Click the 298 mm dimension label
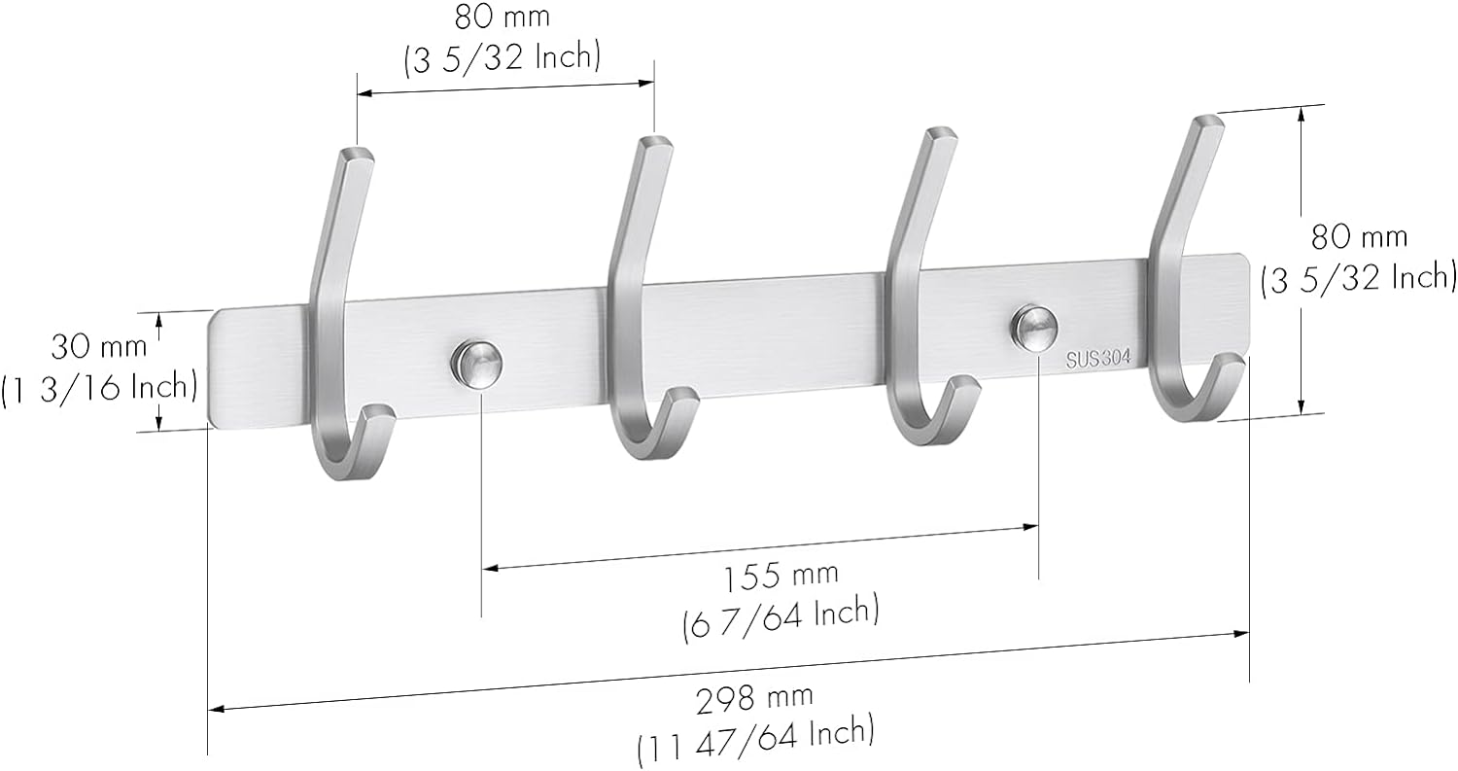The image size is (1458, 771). [x=754, y=697]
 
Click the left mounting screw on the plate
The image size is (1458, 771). [x=475, y=363]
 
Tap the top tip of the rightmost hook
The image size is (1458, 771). [x=1208, y=123]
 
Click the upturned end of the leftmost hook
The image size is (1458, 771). [x=379, y=416]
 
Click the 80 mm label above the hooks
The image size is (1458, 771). [x=502, y=17]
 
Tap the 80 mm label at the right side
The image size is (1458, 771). [x=1359, y=237]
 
